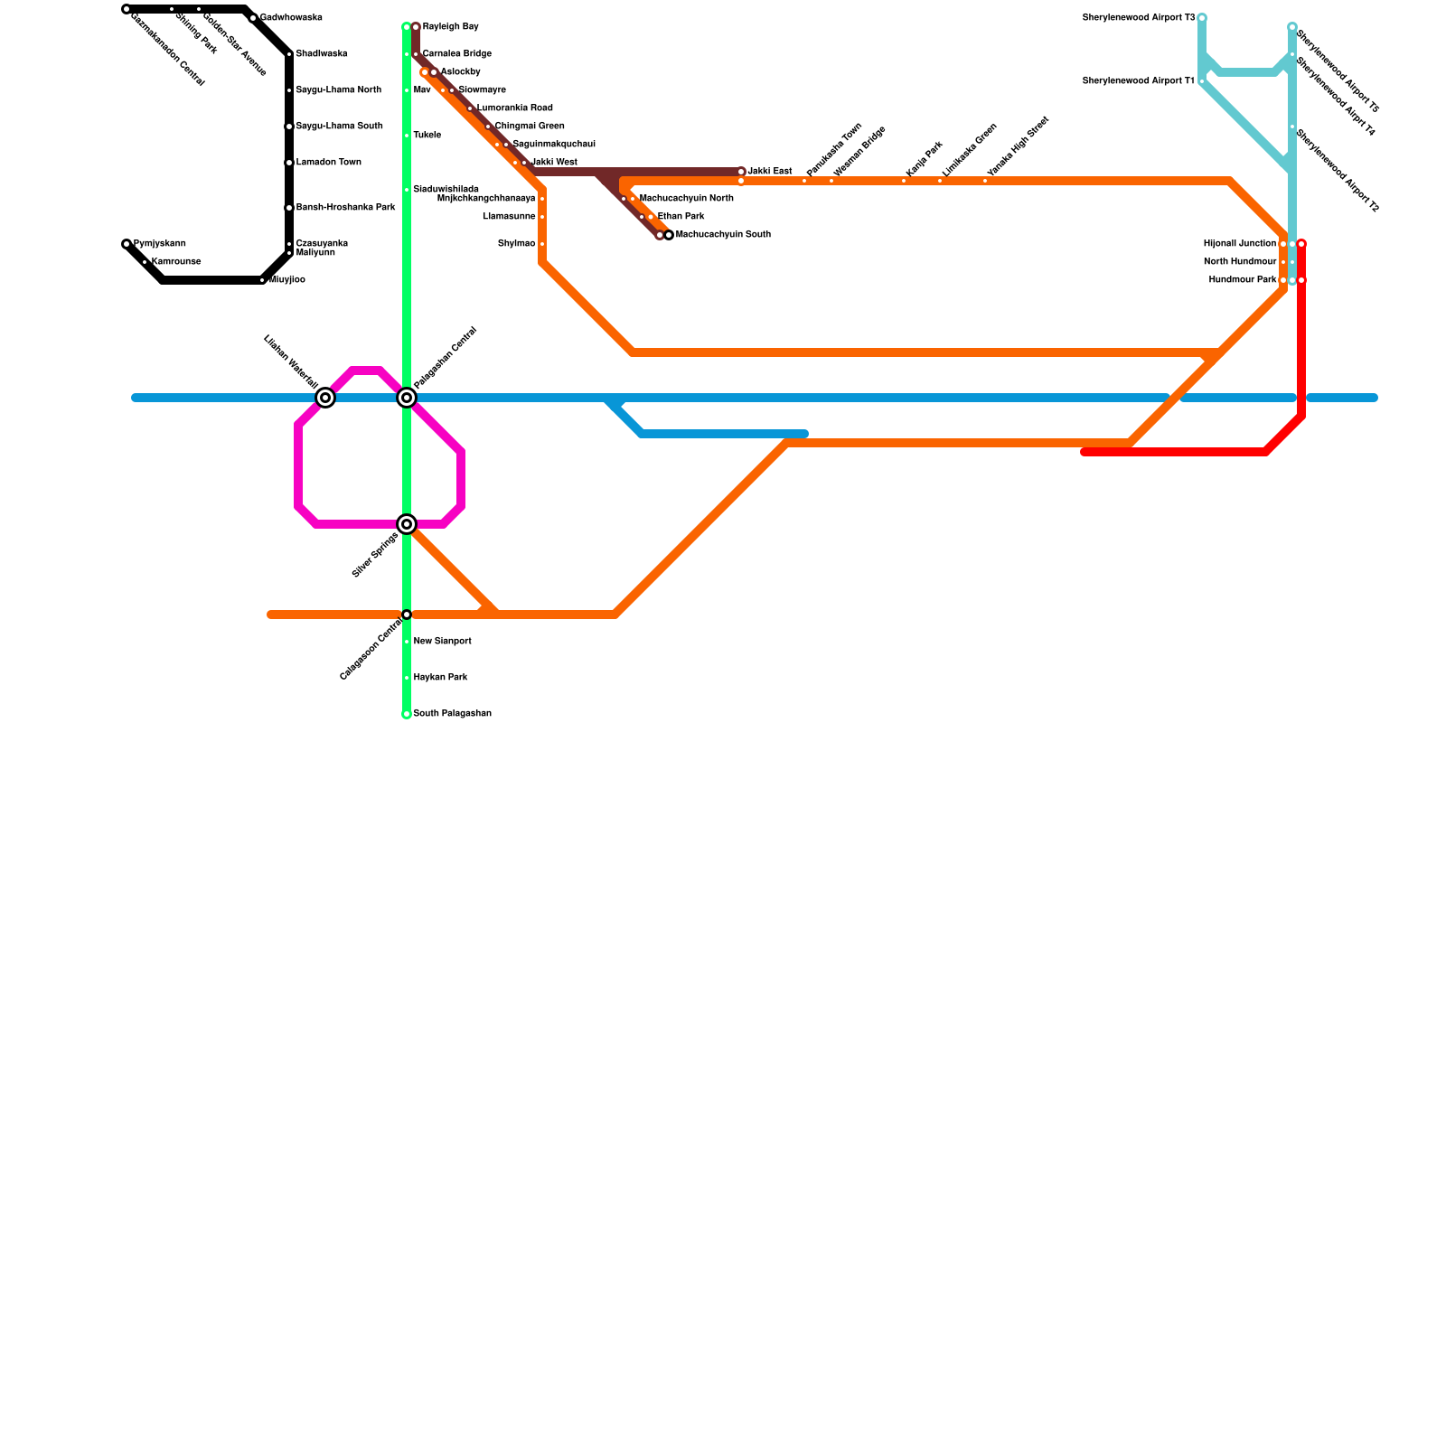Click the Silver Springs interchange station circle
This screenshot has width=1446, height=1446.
(x=407, y=524)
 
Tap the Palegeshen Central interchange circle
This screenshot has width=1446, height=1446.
(x=407, y=398)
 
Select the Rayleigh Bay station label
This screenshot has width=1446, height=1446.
(x=450, y=27)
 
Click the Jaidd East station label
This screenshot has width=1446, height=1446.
(x=769, y=172)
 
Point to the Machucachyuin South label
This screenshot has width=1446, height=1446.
(x=723, y=235)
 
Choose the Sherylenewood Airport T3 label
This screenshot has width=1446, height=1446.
(x=1138, y=18)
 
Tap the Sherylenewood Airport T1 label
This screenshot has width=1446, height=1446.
(x=1138, y=81)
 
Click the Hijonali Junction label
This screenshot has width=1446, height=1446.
(x=1240, y=244)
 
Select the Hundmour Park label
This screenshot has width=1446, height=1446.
(x=1243, y=280)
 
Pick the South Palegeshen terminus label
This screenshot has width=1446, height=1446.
(x=452, y=714)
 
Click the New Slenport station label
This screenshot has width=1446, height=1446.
(x=442, y=642)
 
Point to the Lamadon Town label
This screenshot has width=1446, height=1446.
(x=328, y=163)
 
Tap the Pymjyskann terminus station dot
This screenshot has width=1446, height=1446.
(x=127, y=244)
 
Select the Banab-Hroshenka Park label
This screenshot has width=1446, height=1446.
(x=345, y=208)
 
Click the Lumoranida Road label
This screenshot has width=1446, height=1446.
(x=514, y=108)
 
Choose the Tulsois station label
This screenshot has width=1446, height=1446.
(x=427, y=136)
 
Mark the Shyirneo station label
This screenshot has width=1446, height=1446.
(x=516, y=244)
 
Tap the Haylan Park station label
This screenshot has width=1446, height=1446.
(x=440, y=678)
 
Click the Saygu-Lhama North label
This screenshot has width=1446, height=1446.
(x=338, y=90)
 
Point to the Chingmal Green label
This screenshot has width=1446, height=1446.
(x=529, y=127)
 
